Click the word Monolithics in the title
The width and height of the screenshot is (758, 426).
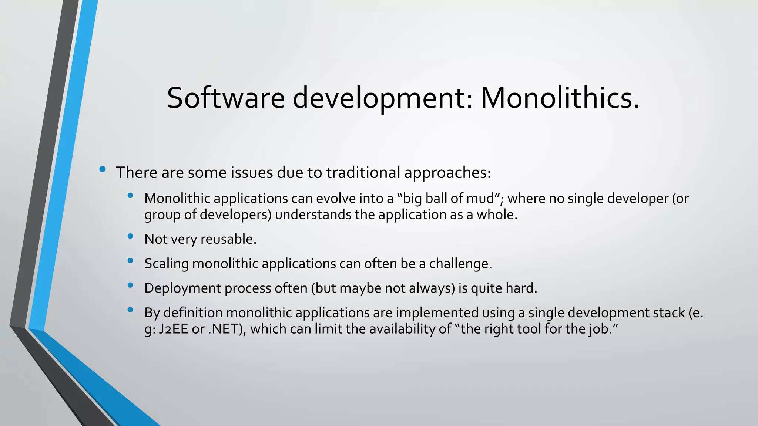click(x=560, y=98)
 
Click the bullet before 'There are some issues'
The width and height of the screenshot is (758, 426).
click(x=103, y=170)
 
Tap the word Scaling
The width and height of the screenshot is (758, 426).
click(x=167, y=264)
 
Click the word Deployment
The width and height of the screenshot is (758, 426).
click(x=182, y=288)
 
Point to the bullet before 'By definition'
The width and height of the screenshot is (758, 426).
click(x=130, y=310)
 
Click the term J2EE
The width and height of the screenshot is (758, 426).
click(x=174, y=329)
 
